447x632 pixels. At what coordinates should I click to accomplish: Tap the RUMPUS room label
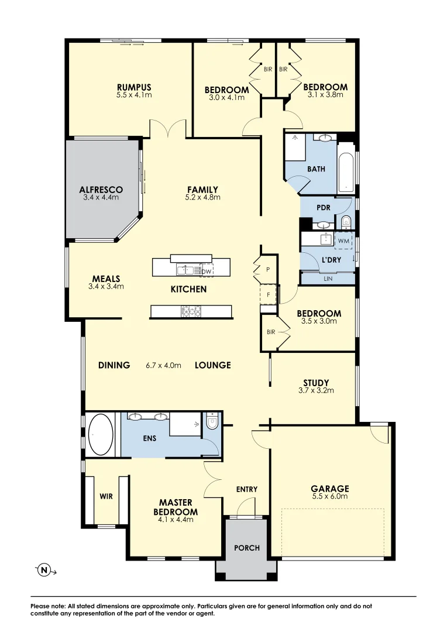tap(134, 87)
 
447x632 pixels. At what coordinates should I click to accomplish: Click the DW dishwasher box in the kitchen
tap(207, 271)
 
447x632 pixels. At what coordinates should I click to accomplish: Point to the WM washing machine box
tap(343, 241)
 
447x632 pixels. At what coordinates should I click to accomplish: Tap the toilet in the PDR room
tap(345, 221)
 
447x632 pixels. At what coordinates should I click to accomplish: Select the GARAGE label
tap(330, 489)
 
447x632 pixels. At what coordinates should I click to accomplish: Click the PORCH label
tap(246, 548)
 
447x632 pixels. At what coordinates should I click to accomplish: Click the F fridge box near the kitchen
tap(269, 295)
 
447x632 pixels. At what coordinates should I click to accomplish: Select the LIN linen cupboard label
tap(328, 279)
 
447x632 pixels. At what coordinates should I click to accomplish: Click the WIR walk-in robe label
tap(106, 496)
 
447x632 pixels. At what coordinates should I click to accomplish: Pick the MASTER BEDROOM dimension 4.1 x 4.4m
tap(176, 520)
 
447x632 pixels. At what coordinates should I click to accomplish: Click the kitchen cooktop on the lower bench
tap(191, 311)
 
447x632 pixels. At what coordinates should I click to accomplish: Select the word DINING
tap(114, 365)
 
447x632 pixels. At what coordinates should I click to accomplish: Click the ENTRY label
tap(247, 489)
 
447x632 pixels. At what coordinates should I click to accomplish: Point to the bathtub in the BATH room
tap(346, 167)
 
